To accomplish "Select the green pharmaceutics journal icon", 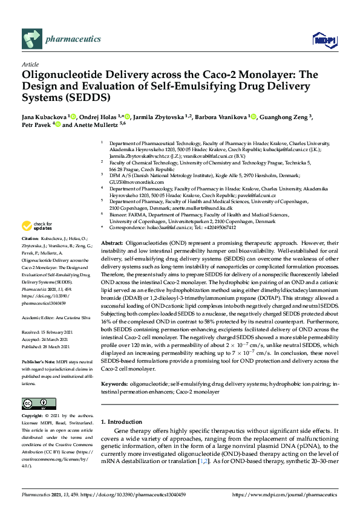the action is (31, 40).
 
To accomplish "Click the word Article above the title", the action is (30, 63).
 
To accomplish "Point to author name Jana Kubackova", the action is (44, 117).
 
